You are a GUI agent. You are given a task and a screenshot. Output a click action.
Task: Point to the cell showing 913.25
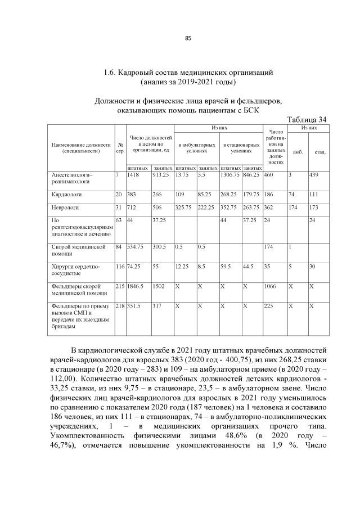coord(161,175)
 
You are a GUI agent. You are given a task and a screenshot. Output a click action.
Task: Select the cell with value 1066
coord(271,286)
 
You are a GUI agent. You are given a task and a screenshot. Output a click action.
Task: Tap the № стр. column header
coord(120,148)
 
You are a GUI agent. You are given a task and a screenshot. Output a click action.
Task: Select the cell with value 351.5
coord(134,306)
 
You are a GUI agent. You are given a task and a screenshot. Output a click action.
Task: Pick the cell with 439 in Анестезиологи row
coord(314,175)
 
